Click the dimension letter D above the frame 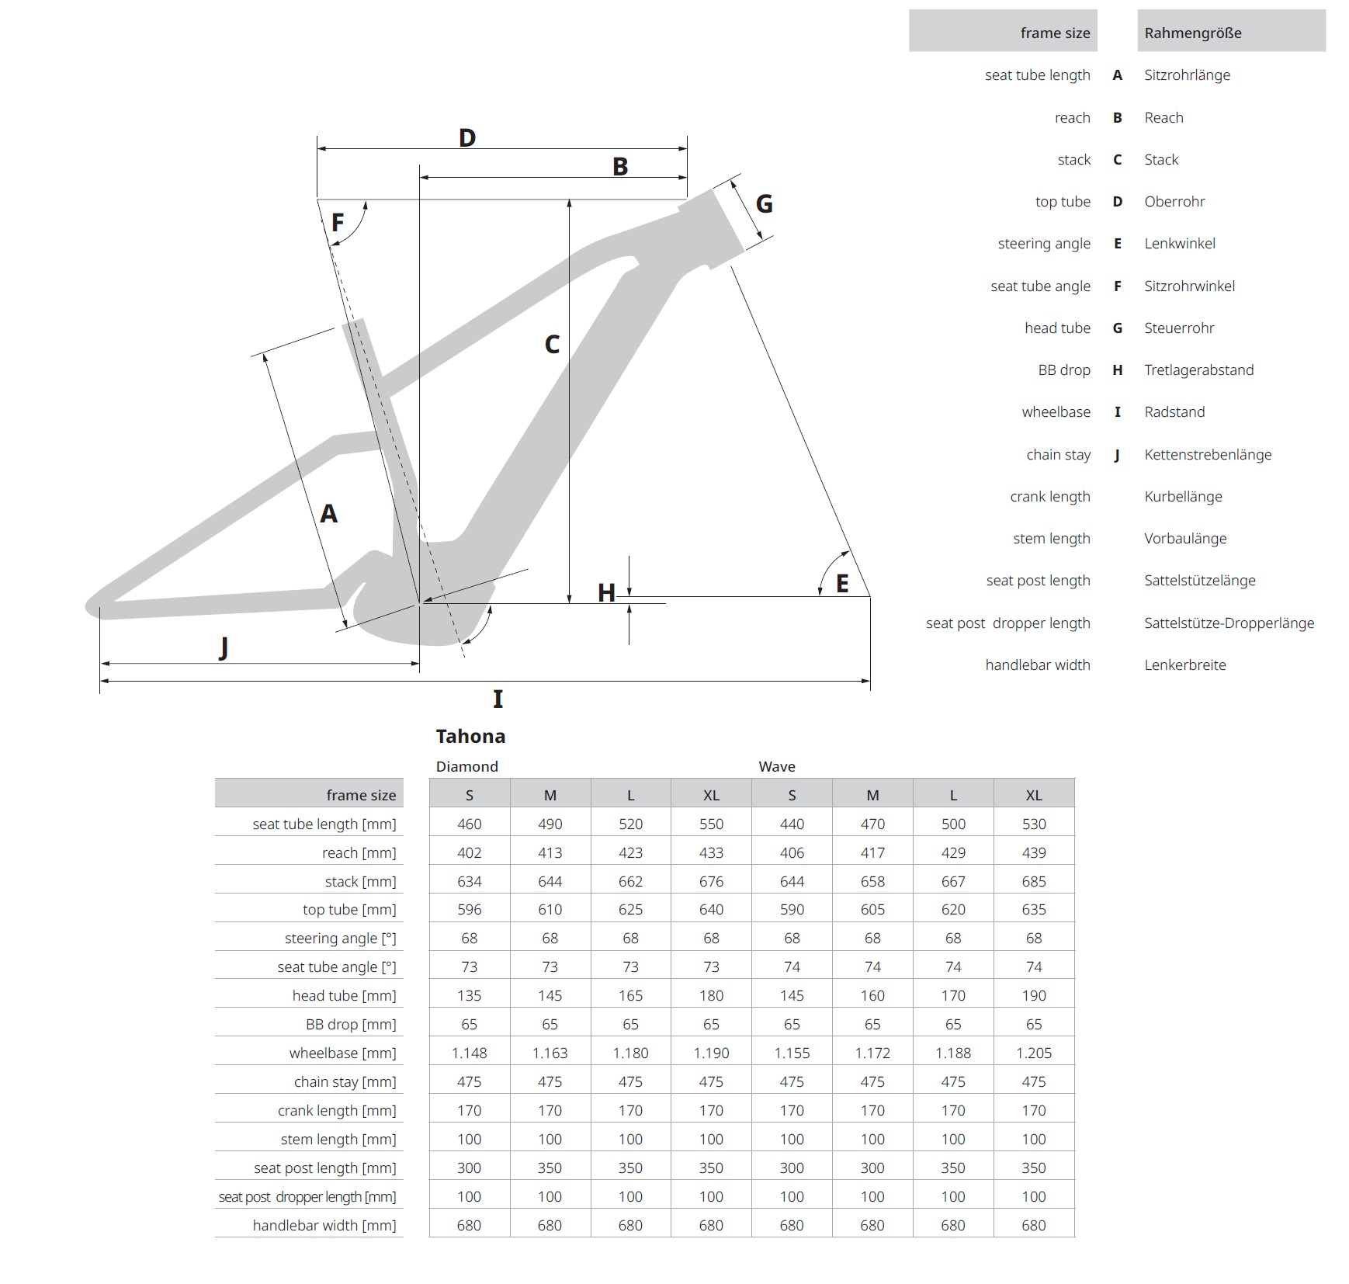click(466, 138)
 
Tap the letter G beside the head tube click(764, 204)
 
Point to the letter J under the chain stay click(224, 647)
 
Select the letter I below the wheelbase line click(498, 699)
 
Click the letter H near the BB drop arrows click(606, 594)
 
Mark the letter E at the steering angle click(842, 584)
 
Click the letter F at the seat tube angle click(338, 224)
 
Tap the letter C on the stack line click(552, 345)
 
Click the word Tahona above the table click(470, 736)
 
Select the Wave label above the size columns click(777, 767)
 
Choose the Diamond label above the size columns click(466, 767)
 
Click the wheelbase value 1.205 click(1034, 1053)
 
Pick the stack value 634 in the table click(470, 882)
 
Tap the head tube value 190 click(1034, 996)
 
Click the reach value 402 click(470, 853)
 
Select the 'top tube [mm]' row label click(349, 910)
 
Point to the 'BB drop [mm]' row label click(351, 1025)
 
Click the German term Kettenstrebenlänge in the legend click(1208, 455)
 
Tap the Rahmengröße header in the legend click(1193, 33)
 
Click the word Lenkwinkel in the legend click(1180, 244)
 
